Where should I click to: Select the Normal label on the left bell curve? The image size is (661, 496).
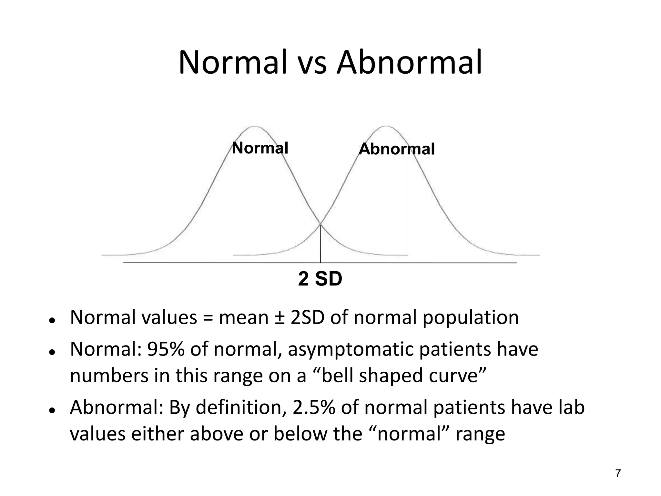coord(260,148)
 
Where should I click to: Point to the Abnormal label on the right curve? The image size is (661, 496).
coord(397,149)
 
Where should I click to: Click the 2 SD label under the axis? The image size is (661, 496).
coord(320,279)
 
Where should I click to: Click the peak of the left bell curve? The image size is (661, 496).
coord(255,126)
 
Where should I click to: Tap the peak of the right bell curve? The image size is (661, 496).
coord(386,126)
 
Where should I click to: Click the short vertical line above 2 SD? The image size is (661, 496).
coord(320,244)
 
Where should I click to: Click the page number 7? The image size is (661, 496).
coord(618,473)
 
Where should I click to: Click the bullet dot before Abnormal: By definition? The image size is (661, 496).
coord(51,410)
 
